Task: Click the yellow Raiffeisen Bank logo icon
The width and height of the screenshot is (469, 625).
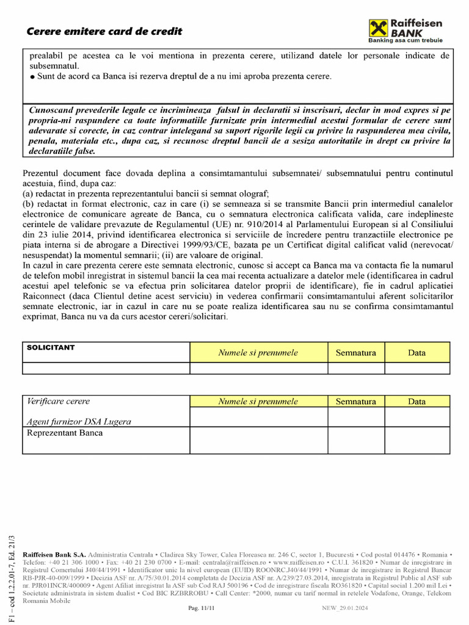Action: (x=378, y=28)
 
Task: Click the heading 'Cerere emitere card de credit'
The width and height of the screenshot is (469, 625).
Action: (x=104, y=31)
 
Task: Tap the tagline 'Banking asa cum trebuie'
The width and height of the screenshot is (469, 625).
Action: (x=405, y=40)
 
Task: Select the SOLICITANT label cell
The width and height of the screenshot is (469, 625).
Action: (x=51, y=348)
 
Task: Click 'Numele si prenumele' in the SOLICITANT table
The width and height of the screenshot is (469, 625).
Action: (x=258, y=353)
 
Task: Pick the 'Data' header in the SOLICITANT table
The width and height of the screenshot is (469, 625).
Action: (x=417, y=353)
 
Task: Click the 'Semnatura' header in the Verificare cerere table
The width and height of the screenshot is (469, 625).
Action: (x=356, y=402)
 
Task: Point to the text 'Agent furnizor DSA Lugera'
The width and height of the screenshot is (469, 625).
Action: (x=79, y=421)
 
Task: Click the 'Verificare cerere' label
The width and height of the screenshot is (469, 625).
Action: (x=59, y=402)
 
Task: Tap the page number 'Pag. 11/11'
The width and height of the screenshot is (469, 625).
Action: (x=202, y=609)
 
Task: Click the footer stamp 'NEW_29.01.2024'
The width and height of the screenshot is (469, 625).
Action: (x=345, y=609)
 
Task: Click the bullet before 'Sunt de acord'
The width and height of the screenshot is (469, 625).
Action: (x=32, y=77)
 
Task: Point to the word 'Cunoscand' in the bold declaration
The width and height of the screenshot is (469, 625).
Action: (x=54, y=110)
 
